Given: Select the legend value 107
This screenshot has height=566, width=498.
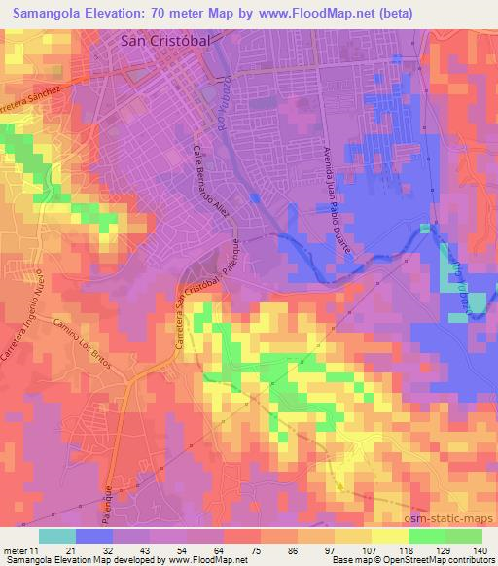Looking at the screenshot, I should tap(369, 524).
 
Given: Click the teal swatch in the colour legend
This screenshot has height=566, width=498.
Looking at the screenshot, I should tap(57, 536).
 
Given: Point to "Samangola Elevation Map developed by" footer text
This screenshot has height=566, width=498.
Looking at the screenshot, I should tap(75, 559).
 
